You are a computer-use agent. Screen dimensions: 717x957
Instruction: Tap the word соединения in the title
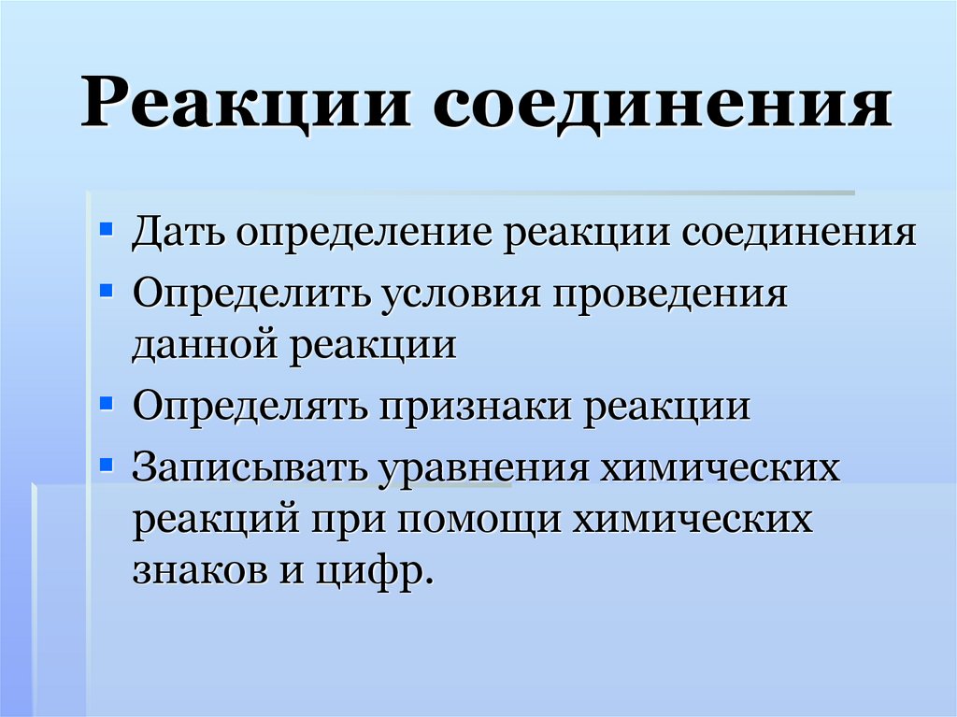(664, 104)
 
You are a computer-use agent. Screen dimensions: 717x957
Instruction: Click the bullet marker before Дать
(107, 227)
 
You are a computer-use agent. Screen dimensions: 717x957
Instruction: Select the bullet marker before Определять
(107, 402)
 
